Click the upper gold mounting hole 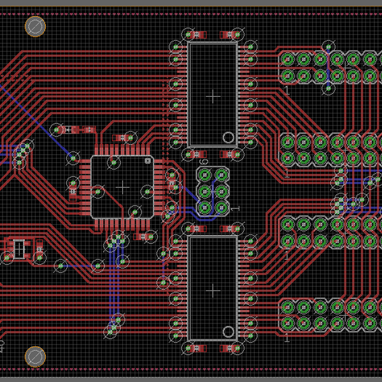tap(34, 26)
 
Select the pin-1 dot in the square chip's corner tap(148, 161)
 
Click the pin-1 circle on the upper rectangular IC tap(228, 137)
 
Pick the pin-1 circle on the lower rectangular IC tap(228, 330)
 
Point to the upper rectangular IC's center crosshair tap(213, 95)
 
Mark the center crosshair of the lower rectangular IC tap(213, 290)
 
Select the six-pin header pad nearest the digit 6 tap(206, 174)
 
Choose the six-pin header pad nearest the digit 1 tap(222, 207)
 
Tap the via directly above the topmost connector tap(329, 45)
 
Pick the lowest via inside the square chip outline tap(134, 211)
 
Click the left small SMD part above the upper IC tap(198, 34)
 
